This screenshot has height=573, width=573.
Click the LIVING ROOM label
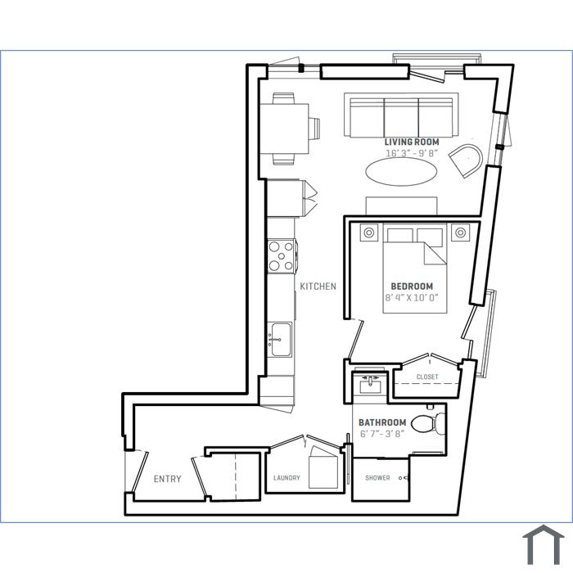tap(412, 142)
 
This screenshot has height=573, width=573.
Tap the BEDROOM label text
tap(412, 286)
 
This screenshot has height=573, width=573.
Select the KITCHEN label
tap(318, 286)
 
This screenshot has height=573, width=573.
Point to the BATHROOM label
tap(382, 422)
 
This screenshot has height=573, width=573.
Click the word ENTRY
tap(167, 479)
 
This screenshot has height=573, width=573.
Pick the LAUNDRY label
tap(286, 478)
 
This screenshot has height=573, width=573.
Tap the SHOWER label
tap(377, 477)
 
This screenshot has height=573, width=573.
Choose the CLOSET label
tap(427, 377)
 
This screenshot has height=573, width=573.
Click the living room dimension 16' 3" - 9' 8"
tap(412, 153)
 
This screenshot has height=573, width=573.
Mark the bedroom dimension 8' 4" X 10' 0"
tap(412, 297)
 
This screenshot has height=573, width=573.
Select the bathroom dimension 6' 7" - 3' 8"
tap(382, 434)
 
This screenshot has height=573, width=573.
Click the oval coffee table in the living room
tap(401, 172)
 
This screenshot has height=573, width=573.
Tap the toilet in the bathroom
tap(428, 424)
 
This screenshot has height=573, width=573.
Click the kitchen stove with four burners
tap(282, 255)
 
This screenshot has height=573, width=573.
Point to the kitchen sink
tap(280, 340)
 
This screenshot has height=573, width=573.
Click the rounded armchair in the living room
tap(466, 160)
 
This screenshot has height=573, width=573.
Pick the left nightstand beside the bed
tap(368, 232)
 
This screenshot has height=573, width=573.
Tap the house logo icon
tap(544, 545)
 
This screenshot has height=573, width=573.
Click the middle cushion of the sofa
tap(401, 118)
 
